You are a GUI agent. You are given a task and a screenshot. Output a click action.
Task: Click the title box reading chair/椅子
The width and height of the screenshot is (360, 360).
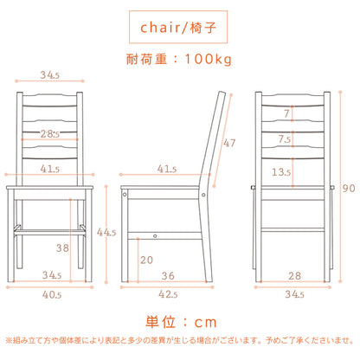178,27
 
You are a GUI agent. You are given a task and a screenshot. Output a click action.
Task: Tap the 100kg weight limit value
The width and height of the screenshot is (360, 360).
208,59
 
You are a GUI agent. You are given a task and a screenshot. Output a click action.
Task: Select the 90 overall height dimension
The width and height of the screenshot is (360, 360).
349,189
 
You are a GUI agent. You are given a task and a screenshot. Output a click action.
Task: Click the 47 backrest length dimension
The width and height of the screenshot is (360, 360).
229,143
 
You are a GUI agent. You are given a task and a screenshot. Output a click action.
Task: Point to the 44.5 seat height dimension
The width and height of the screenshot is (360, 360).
106,232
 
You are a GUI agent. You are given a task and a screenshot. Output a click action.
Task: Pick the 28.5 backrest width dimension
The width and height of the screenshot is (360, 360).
50,134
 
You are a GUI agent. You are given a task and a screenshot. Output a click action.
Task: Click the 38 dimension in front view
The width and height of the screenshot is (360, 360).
62,247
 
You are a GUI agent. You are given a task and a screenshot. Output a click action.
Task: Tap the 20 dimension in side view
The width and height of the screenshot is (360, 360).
146,260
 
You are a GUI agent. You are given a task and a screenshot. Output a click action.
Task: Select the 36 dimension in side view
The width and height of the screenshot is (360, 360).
168,276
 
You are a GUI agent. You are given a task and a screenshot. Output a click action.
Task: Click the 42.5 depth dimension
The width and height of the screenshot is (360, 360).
168,294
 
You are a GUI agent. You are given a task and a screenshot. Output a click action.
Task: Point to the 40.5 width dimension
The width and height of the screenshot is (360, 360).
52,294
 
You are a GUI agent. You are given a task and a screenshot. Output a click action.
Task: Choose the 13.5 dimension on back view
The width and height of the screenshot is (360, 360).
281,172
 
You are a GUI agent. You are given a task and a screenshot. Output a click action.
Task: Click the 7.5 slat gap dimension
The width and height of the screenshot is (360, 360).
285,139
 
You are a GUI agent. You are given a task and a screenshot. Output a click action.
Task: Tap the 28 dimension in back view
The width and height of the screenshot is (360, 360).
294,276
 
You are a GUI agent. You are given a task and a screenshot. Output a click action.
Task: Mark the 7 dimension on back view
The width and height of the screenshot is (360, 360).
286,113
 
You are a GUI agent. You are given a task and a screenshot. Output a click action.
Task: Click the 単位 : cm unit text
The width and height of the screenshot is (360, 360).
181,322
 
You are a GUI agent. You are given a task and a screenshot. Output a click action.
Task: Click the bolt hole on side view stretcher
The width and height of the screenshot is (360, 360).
155,236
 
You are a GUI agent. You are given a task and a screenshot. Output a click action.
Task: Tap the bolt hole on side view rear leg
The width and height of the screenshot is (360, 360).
203,195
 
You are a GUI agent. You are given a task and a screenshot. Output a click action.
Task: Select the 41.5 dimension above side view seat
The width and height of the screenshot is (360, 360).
167,169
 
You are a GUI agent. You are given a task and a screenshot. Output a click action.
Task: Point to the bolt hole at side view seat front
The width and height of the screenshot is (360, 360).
125,195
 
